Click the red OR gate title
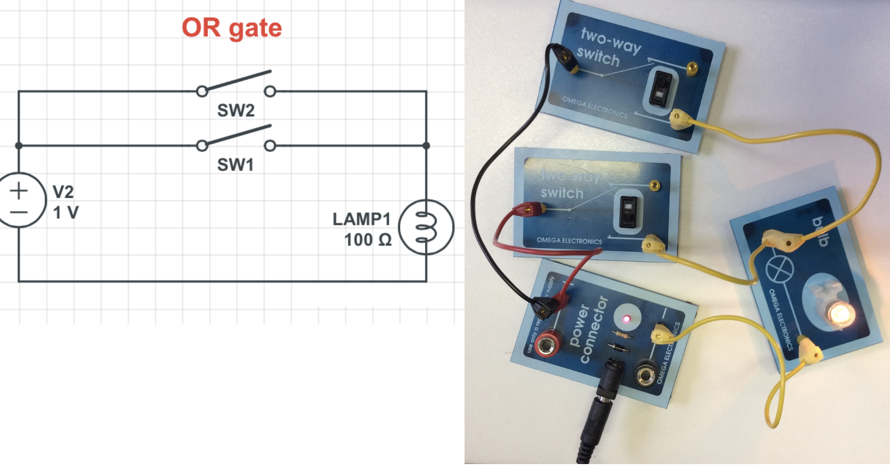tap(232, 28)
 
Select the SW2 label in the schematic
tap(236, 110)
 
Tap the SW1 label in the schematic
tap(235, 165)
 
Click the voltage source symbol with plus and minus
tap(19, 200)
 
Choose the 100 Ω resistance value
tap(368, 240)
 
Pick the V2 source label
tap(63, 191)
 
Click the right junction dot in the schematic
tap(426, 146)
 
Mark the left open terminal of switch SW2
tap(202, 91)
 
